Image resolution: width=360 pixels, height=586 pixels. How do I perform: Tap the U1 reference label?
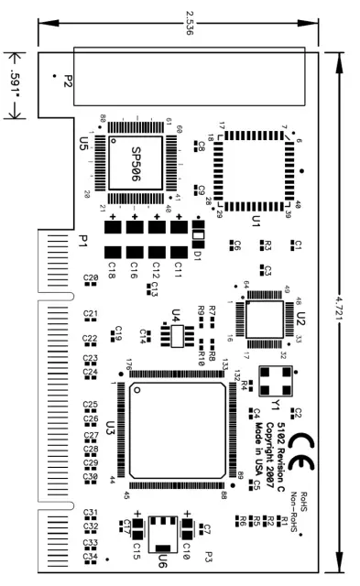coord(256,220)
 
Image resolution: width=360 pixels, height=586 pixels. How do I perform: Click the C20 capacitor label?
coord(90,277)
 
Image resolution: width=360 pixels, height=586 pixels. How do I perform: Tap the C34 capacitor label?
coord(90,556)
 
